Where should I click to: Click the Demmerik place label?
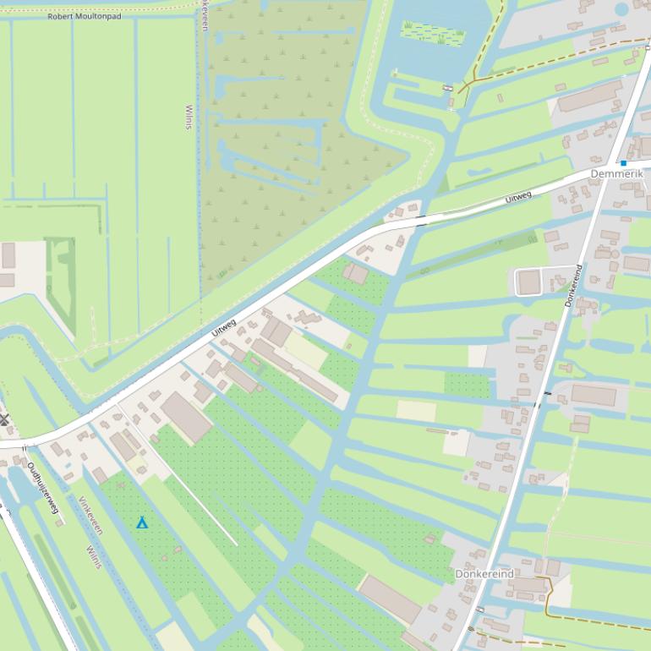[616, 174]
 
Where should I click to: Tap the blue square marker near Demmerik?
[623, 163]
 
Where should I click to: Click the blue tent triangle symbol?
[142, 523]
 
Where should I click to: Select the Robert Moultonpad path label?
[85, 16]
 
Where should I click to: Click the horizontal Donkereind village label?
[484, 574]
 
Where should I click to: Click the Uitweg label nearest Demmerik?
[517, 198]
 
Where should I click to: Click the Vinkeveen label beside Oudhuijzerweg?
[90, 515]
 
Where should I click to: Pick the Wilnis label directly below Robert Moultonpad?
[189, 118]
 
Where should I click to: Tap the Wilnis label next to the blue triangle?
[93, 557]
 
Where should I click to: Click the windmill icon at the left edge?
[3, 419]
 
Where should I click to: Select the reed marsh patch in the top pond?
[433, 33]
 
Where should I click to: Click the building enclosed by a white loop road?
[529, 282]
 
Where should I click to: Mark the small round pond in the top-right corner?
[622, 9]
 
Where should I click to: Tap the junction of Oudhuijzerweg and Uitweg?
[24, 443]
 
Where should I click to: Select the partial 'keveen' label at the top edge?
[205, 15]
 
